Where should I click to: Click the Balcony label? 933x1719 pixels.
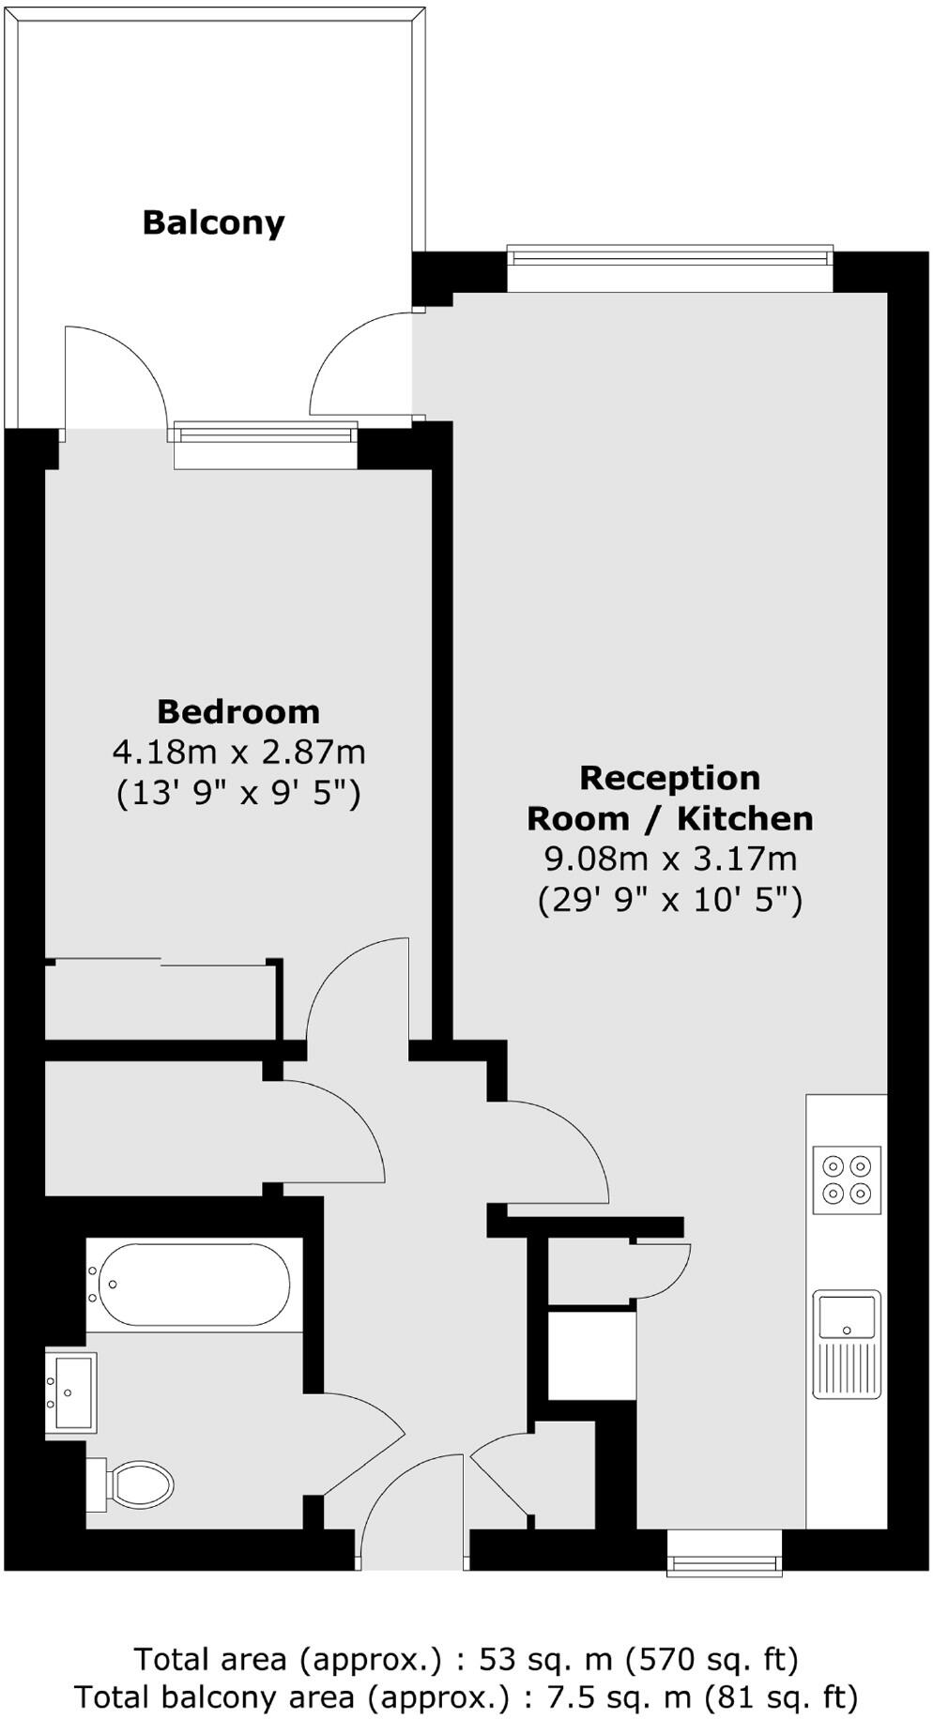coord(213,223)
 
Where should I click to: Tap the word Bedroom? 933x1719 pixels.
coord(238,712)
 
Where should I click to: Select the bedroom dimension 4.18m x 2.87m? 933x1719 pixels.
coord(238,753)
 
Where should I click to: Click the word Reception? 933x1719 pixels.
coord(669,778)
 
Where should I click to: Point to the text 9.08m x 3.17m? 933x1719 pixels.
coord(669,859)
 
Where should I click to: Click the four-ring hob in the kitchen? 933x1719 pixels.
coord(847,1179)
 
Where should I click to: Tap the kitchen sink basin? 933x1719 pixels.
coord(847,1316)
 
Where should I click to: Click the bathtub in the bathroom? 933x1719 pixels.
coord(192,1284)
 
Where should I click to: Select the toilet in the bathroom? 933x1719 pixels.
coord(138,1485)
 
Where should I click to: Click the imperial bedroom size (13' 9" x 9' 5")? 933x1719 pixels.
coord(238,794)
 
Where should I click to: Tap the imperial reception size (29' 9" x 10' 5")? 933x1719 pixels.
coord(669,901)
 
